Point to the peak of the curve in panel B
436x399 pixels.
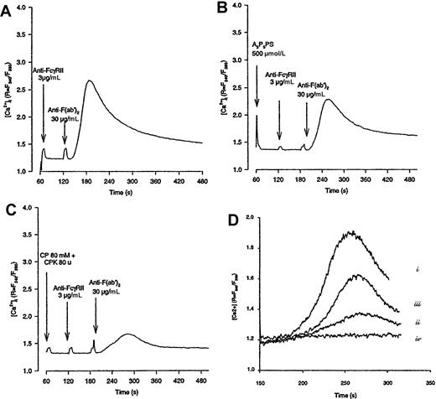point(372,100)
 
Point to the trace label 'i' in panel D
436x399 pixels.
point(417,269)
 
